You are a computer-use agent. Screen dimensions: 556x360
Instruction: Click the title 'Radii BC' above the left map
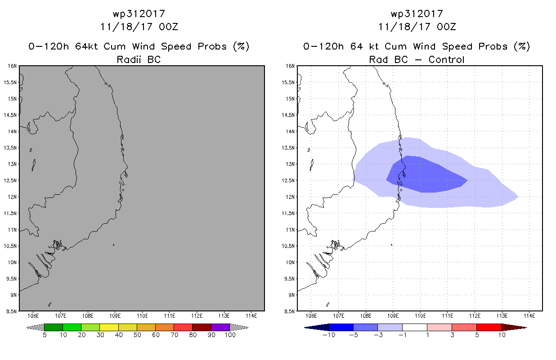click(139, 59)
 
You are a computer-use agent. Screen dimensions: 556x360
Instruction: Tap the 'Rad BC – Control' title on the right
click(417, 59)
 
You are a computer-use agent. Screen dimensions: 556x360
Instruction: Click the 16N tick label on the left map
click(12, 66)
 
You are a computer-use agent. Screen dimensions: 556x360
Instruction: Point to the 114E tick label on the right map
click(529, 316)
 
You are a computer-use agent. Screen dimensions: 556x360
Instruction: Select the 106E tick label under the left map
click(33, 316)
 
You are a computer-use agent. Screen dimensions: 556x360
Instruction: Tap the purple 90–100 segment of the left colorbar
click(220, 327)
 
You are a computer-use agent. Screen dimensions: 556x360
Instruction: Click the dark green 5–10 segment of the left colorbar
click(54, 327)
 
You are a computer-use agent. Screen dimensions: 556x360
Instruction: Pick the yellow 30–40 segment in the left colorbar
click(109, 327)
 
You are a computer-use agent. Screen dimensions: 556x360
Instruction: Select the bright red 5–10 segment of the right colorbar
click(489, 327)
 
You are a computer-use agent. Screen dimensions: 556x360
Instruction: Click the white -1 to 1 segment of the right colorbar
click(415, 327)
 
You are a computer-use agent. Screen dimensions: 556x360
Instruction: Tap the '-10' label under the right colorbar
click(329, 335)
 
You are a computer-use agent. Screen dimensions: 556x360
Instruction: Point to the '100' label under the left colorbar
click(230, 335)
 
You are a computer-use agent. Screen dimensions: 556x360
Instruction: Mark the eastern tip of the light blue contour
click(518, 197)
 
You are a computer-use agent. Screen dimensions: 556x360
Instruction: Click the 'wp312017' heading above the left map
click(139, 14)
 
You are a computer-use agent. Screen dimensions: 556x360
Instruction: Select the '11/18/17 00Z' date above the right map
click(417, 27)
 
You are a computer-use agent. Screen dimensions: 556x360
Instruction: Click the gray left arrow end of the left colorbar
click(35, 328)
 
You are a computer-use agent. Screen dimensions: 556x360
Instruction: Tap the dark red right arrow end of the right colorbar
click(514, 328)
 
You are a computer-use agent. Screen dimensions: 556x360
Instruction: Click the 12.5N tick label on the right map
click(288, 180)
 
